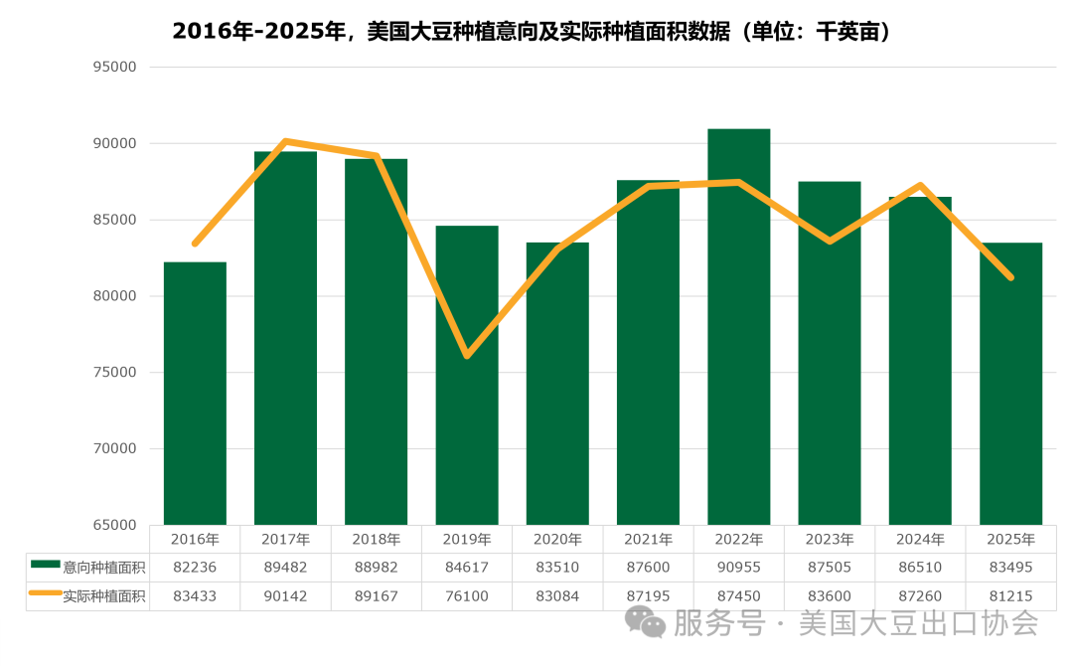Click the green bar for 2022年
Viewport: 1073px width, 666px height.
tap(738, 328)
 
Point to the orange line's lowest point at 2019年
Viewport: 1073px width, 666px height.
tap(466, 356)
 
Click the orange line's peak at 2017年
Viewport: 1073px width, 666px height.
tap(285, 141)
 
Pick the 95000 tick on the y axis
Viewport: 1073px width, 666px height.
tap(114, 68)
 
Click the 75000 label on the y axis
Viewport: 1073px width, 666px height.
tap(114, 373)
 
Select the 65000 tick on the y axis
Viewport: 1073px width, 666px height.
tap(114, 525)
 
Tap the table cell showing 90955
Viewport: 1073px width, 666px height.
tap(738, 567)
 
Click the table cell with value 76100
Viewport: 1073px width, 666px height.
tap(467, 596)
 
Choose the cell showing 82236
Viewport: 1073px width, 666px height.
tap(195, 567)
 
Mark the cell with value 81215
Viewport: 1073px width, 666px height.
tap(1010, 596)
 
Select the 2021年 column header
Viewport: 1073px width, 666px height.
tap(648, 540)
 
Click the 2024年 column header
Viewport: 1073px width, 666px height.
tap(920, 540)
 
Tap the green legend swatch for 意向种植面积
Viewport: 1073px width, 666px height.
tap(46, 565)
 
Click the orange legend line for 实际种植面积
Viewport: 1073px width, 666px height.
tap(46, 594)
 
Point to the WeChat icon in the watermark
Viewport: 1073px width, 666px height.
tap(646, 623)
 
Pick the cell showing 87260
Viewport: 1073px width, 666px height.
tap(920, 596)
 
